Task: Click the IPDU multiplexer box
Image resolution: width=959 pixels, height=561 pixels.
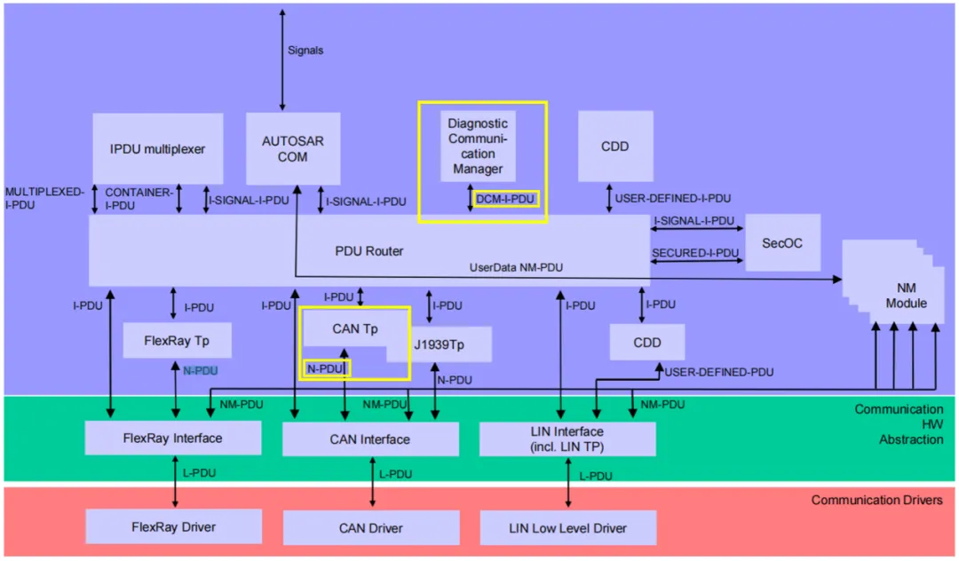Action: pyautogui.click(x=157, y=148)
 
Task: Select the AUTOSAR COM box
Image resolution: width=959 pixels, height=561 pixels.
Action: pyautogui.click(x=292, y=148)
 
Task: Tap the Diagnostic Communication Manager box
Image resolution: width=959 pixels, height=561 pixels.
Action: pyautogui.click(x=478, y=146)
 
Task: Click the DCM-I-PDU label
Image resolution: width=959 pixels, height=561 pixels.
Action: pyautogui.click(x=505, y=199)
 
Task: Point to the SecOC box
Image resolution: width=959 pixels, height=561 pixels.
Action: pyautogui.click(x=781, y=241)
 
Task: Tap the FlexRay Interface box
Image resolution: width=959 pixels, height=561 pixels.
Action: pyautogui.click(x=173, y=438)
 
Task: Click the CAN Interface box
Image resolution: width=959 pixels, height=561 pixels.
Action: pyautogui.click(x=370, y=439)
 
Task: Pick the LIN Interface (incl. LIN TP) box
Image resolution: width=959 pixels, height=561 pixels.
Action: pyautogui.click(x=567, y=439)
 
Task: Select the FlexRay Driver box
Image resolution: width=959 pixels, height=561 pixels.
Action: pyautogui.click(x=173, y=526)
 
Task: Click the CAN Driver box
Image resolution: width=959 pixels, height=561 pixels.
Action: pyautogui.click(x=370, y=527)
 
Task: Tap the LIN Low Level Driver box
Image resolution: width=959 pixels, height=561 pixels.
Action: pyautogui.click(x=567, y=527)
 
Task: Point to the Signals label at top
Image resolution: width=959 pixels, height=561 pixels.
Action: pyautogui.click(x=305, y=51)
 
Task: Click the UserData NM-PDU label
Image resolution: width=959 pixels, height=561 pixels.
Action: pyautogui.click(x=516, y=267)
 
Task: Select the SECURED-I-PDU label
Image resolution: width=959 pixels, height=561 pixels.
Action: pyautogui.click(x=695, y=253)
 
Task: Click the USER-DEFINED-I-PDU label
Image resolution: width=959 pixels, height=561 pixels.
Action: pyautogui.click(x=673, y=199)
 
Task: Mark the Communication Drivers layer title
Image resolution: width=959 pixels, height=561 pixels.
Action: pyautogui.click(x=876, y=500)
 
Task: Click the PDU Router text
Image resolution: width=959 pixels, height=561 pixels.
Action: pyautogui.click(x=370, y=251)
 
